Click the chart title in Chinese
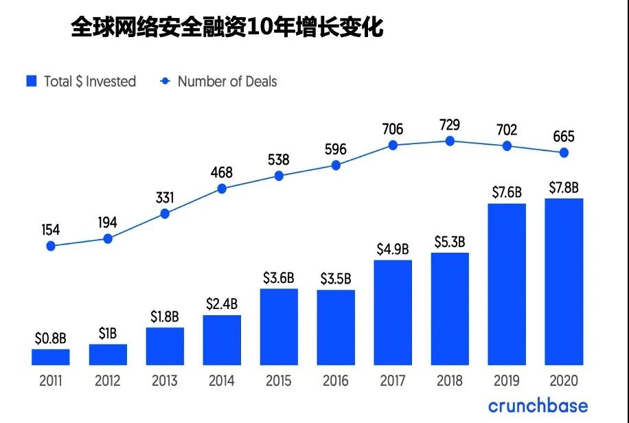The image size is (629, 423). tap(227, 28)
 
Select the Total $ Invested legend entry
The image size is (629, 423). tap(81, 81)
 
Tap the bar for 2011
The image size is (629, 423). tap(51, 357)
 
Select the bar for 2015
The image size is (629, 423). tap(279, 327)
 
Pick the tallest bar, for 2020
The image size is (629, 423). tap(564, 282)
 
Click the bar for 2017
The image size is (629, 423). tap(393, 312)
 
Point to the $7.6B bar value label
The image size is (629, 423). tap(507, 192)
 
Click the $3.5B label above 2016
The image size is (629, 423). tap(336, 279)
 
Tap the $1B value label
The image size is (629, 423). tap(108, 334)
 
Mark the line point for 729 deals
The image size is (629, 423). tap(450, 141)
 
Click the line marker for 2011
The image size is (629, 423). tap(51, 245)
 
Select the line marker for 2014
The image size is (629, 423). tap(222, 187)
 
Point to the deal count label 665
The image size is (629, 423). tap(563, 136)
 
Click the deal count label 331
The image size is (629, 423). tap(165, 198)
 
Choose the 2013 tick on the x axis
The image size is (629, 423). tap(165, 380)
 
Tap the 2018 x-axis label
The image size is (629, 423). tap(450, 380)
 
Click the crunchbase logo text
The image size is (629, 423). tap(538, 406)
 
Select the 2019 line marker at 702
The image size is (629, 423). tap(507, 146)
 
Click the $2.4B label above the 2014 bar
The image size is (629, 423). tap(222, 304)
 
